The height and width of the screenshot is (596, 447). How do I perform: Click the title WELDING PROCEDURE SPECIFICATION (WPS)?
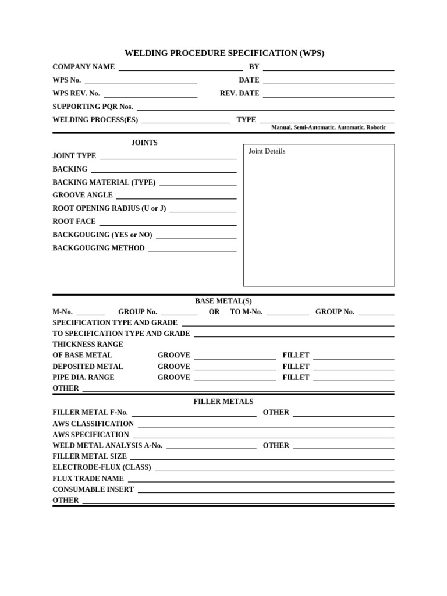223,53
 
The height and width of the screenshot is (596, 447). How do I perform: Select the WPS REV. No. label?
76,93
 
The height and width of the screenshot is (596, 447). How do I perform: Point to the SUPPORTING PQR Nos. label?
93,107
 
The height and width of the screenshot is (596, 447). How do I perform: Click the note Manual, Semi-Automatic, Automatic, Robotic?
328,127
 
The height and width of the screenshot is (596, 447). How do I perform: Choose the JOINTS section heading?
144,143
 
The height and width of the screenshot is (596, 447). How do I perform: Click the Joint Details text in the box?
267,151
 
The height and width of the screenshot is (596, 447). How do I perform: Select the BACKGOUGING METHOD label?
98,248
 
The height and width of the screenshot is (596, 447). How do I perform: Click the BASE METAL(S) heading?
223,301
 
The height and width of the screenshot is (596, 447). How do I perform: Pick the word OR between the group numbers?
214,312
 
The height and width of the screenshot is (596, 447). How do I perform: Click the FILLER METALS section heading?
223,402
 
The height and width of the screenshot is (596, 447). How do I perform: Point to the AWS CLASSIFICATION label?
93,424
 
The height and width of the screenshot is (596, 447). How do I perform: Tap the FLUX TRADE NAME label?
88,478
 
